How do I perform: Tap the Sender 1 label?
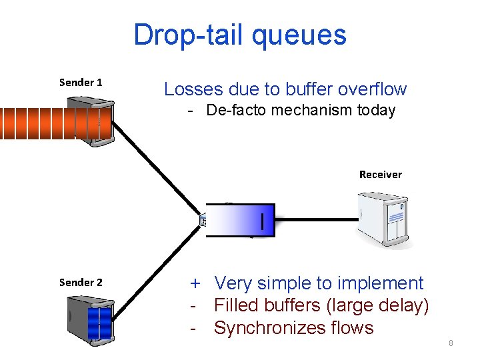(81, 83)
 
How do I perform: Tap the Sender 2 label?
(81, 282)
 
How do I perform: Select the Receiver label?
(381, 175)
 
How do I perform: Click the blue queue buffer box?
(241, 220)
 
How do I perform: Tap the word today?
(376, 111)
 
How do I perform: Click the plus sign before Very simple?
(196, 284)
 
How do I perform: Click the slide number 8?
(451, 343)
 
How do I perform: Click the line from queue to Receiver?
(317, 218)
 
